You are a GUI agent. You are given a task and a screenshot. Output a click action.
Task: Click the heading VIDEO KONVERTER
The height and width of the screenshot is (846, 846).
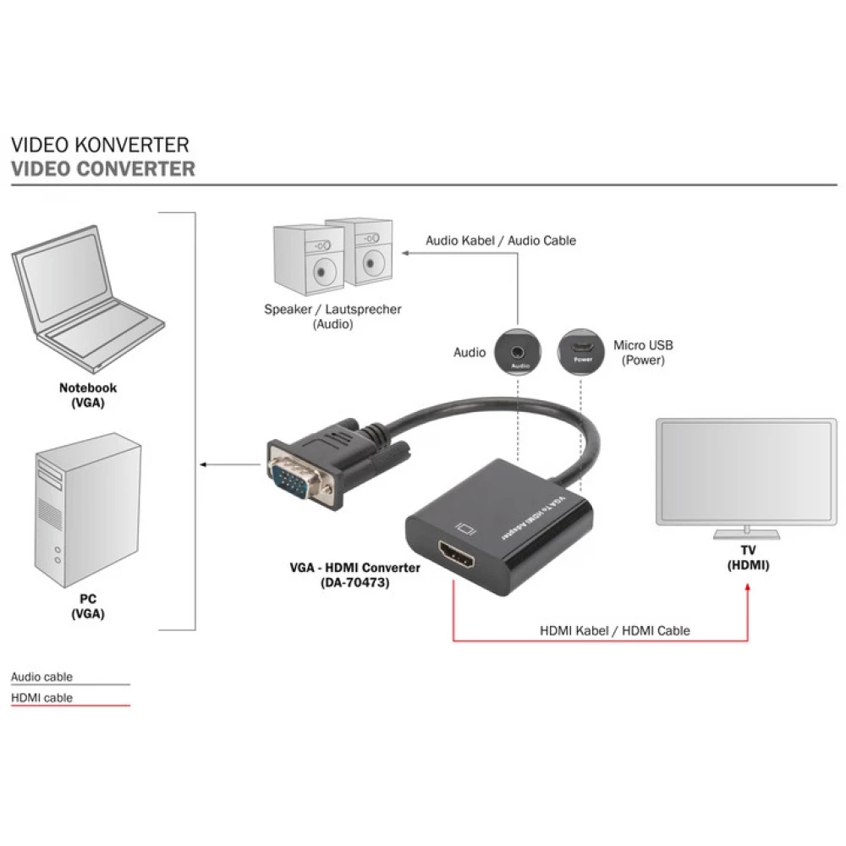100,146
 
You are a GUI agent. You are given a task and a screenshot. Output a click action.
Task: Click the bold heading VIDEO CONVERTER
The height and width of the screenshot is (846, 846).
103,168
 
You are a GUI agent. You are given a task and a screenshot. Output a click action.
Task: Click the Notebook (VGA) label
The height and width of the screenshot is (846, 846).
88,395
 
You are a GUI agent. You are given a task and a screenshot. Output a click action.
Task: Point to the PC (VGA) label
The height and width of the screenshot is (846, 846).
88,606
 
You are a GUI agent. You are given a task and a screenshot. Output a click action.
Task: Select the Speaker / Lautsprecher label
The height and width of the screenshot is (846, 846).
332,316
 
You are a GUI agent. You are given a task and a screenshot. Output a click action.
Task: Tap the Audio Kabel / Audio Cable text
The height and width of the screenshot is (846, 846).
501,240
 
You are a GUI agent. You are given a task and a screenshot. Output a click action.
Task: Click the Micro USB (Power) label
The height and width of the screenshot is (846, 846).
643,353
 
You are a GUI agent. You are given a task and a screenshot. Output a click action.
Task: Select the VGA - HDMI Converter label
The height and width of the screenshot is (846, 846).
354,574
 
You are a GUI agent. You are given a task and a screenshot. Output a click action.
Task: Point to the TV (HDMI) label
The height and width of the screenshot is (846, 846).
748,558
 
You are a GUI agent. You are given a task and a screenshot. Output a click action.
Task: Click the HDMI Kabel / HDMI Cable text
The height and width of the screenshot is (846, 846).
615,630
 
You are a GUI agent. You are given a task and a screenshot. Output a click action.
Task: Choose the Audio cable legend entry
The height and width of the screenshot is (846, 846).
42,677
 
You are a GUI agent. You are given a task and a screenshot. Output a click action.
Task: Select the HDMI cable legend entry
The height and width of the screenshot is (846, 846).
42,698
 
